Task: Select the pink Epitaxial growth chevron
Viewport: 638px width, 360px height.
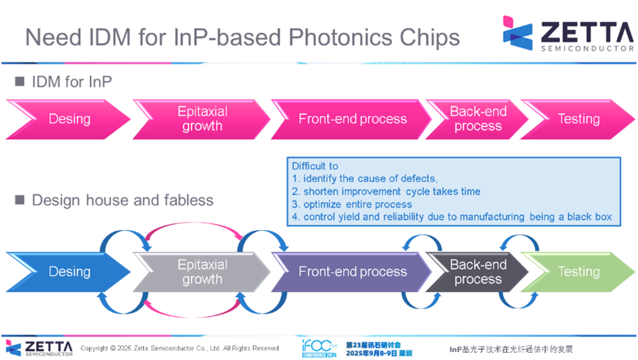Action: click(202, 119)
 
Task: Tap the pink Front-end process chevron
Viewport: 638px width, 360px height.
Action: click(351, 119)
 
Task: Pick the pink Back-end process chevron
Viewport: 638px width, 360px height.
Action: click(477, 119)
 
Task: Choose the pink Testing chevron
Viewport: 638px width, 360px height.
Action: click(578, 119)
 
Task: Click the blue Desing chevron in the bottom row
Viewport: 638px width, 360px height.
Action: click(68, 272)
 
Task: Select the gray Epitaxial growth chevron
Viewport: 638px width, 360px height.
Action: click(202, 272)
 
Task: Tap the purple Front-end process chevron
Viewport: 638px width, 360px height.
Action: click(351, 272)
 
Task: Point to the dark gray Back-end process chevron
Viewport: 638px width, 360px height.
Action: click(477, 272)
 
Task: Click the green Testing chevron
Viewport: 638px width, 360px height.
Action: click(578, 272)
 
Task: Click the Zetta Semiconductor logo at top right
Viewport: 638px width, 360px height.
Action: click(567, 35)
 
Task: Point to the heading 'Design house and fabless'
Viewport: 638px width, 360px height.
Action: click(122, 199)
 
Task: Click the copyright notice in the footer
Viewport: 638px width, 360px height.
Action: click(179, 348)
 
